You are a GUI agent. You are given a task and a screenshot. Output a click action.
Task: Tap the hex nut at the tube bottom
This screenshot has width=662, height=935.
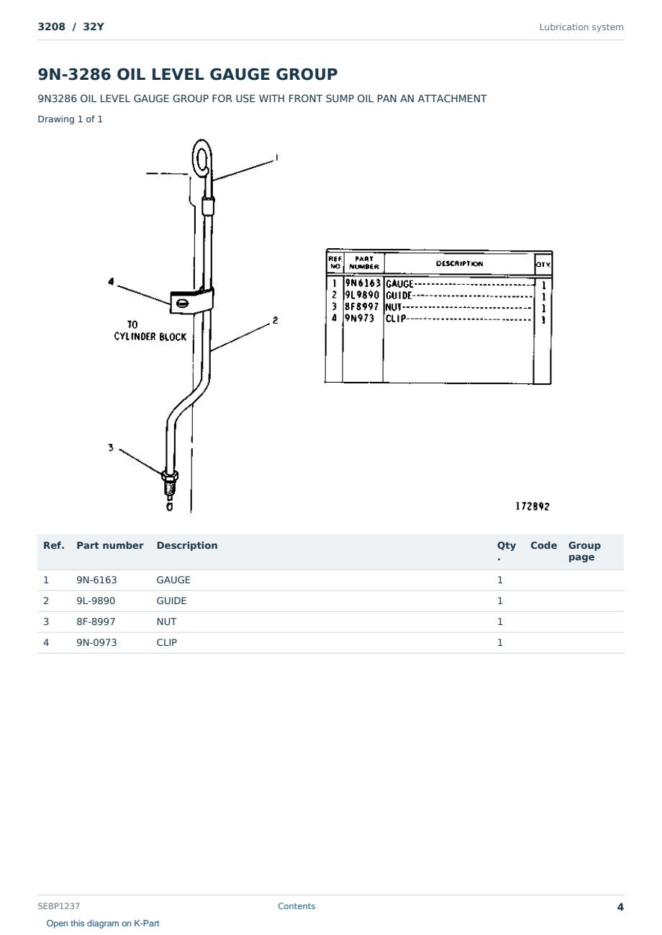pyautogui.click(x=170, y=475)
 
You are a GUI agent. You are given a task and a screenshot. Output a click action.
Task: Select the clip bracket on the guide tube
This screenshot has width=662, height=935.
pyautogui.click(x=191, y=300)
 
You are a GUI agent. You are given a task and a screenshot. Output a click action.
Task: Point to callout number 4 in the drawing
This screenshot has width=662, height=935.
pyautogui.click(x=111, y=281)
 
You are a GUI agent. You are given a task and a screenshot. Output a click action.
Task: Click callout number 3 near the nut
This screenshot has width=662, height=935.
pyautogui.click(x=111, y=447)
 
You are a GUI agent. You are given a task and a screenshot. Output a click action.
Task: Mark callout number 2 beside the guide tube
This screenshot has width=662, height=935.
pyautogui.click(x=276, y=320)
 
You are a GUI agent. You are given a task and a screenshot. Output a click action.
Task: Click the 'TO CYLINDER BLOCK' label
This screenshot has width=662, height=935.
pyautogui.click(x=150, y=331)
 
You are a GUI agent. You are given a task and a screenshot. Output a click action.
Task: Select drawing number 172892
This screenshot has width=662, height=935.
pyautogui.click(x=532, y=506)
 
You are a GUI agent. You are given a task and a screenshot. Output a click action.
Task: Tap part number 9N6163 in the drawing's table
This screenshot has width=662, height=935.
pyautogui.click(x=363, y=283)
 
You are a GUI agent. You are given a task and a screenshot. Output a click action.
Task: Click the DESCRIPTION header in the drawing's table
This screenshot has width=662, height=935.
pyautogui.click(x=459, y=264)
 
